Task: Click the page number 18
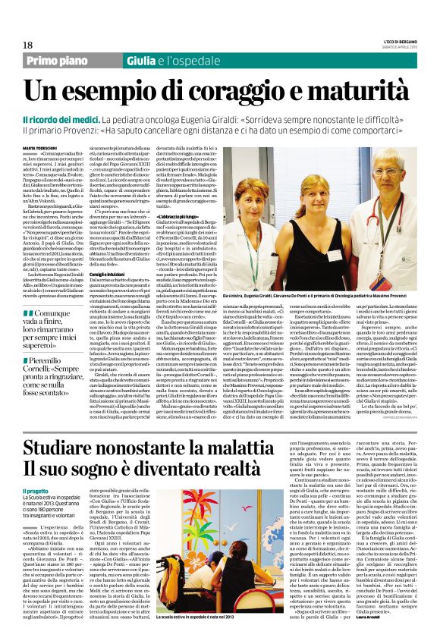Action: click(x=27, y=46)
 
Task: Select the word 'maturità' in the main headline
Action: click(x=362, y=92)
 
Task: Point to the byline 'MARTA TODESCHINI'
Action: click(x=42, y=148)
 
